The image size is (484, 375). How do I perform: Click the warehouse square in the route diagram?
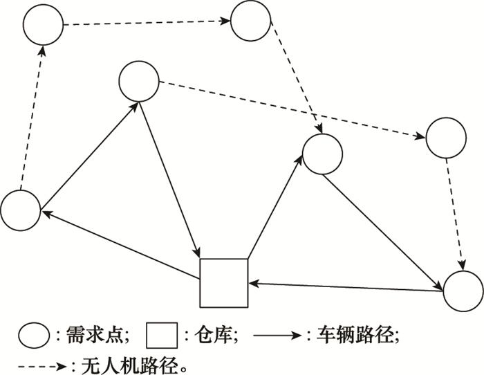(x=223, y=282)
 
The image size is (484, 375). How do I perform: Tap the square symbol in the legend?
(x=162, y=336)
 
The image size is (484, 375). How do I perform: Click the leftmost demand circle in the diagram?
(x=21, y=210)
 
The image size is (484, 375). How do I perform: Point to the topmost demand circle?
(x=250, y=20)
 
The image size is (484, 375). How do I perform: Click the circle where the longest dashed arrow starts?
(x=139, y=82)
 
